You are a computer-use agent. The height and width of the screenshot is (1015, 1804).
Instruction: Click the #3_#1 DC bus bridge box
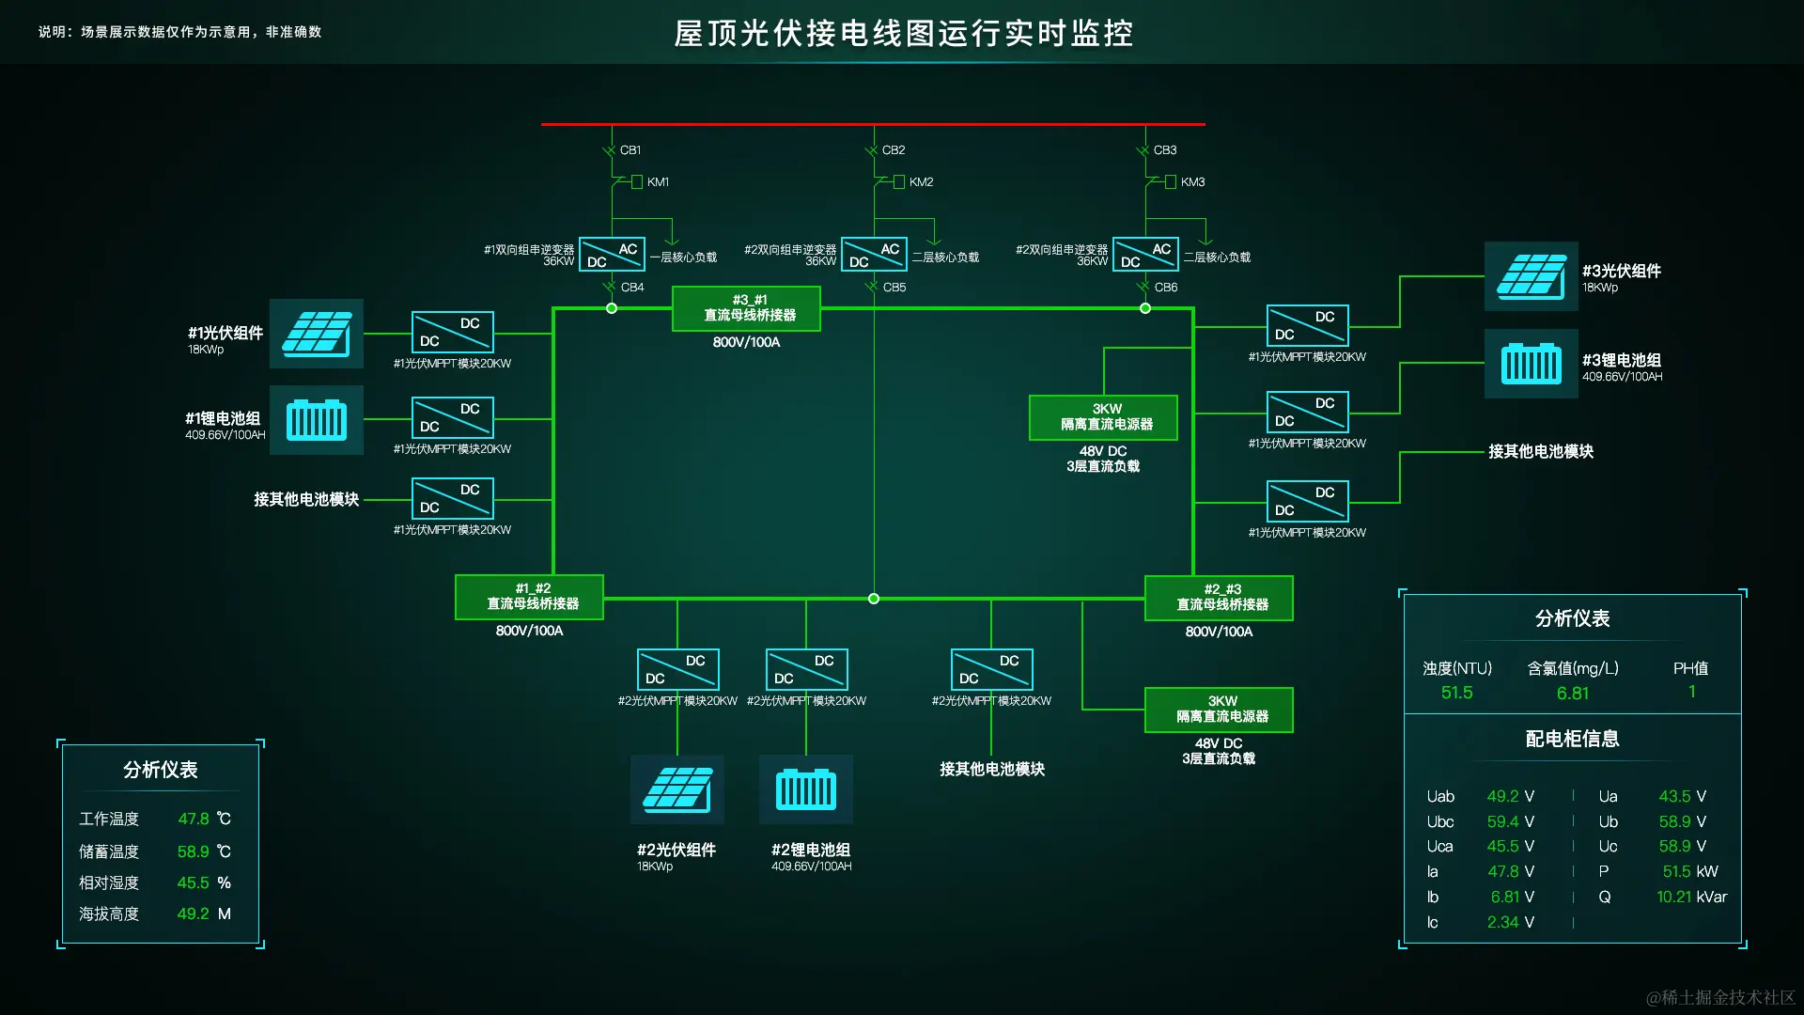(746, 308)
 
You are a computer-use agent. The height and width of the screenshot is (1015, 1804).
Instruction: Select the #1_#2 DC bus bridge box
(529, 597)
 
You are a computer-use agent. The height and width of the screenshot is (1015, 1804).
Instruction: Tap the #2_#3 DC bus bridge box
(1219, 598)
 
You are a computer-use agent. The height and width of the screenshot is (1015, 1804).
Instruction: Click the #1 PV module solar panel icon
(317, 334)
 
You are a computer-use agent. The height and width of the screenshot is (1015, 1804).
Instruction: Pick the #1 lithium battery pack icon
(317, 420)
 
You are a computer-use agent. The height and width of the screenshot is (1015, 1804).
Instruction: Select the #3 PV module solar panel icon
(1531, 275)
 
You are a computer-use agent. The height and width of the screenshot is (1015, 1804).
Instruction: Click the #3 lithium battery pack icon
(1531, 364)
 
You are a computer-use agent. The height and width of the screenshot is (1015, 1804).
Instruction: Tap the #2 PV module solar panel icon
(676, 789)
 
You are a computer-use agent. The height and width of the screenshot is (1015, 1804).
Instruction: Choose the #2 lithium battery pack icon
(806, 789)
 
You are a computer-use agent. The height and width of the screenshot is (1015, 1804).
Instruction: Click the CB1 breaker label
(630, 150)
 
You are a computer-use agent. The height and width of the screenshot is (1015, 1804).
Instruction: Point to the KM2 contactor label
(921, 182)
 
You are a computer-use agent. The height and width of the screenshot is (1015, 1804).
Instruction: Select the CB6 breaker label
(1165, 288)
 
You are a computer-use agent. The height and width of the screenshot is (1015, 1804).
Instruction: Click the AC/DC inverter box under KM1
(612, 255)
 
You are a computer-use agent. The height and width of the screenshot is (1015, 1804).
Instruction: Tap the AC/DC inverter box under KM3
(1145, 255)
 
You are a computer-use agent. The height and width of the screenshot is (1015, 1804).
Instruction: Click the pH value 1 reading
(1691, 693)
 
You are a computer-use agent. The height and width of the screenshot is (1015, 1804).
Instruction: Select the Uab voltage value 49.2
(1501, 797)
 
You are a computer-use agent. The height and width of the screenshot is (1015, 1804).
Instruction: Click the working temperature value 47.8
(194, 820)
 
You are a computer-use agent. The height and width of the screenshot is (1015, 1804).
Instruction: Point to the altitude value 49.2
(193, 914)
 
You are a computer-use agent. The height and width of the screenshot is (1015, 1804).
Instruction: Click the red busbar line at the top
(873, 124)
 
